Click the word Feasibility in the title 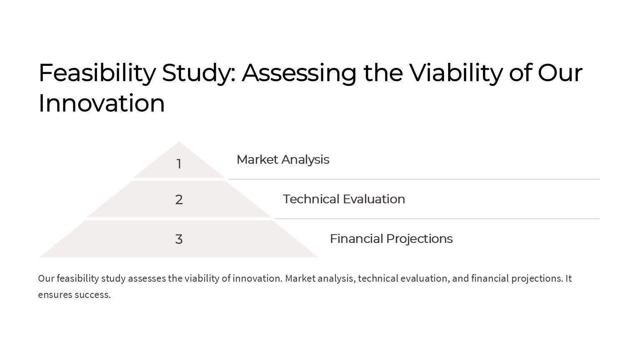(x=97, y=73)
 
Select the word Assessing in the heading (x=299, y=73)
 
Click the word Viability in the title (x=456, y=73)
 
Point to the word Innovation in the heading (x=102, y=103)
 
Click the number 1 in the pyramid (x=179, y=164)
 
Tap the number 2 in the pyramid (x=179, y=200)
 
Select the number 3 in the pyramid (x=179, y=239)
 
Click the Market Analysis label (x=283, y=160)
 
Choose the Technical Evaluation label (x=344, y=199)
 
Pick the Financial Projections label (x=391, y=239)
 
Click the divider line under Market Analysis (x=414, y=179)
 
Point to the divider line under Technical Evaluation (x=437, y=219)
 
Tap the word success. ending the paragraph (x=92, y=295)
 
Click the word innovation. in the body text (x=257, y=278)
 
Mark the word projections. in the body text (x=537, y=279)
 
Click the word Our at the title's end (x=560, y=73)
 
